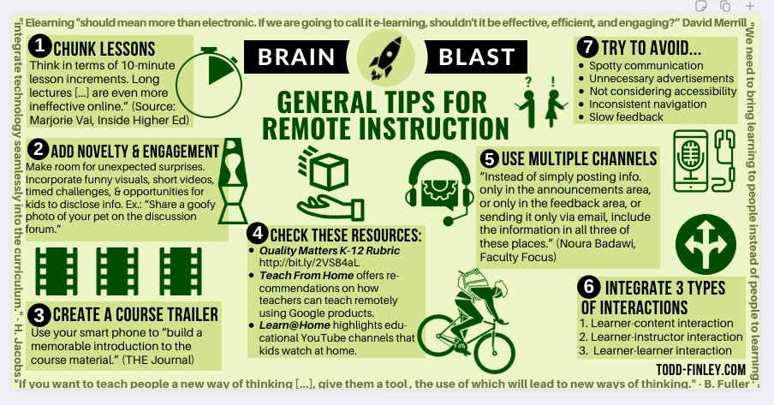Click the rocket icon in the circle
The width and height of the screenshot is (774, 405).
pyautogui.click(x=385, y=57)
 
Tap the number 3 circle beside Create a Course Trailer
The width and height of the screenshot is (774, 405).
pyautogui.click(x=39, y=314)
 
